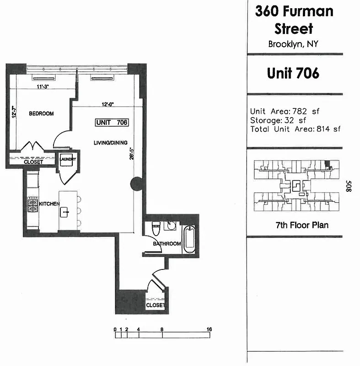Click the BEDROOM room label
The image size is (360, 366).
(x=41, y=114)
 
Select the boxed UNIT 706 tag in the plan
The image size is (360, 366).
(x=112, y=122)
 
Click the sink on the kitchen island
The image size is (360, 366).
(x=65, y=212)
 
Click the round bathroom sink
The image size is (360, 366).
(x=172, y=226)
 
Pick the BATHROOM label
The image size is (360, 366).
(x=167, y=244)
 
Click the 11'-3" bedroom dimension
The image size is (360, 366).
(x=43, y=86)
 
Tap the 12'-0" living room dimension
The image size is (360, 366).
(x=107, y=104)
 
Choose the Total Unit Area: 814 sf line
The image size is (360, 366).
(x=295, y=129)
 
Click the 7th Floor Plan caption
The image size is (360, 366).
(x=296, y=225)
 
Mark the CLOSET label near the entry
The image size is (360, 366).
(x=155, y=305)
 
